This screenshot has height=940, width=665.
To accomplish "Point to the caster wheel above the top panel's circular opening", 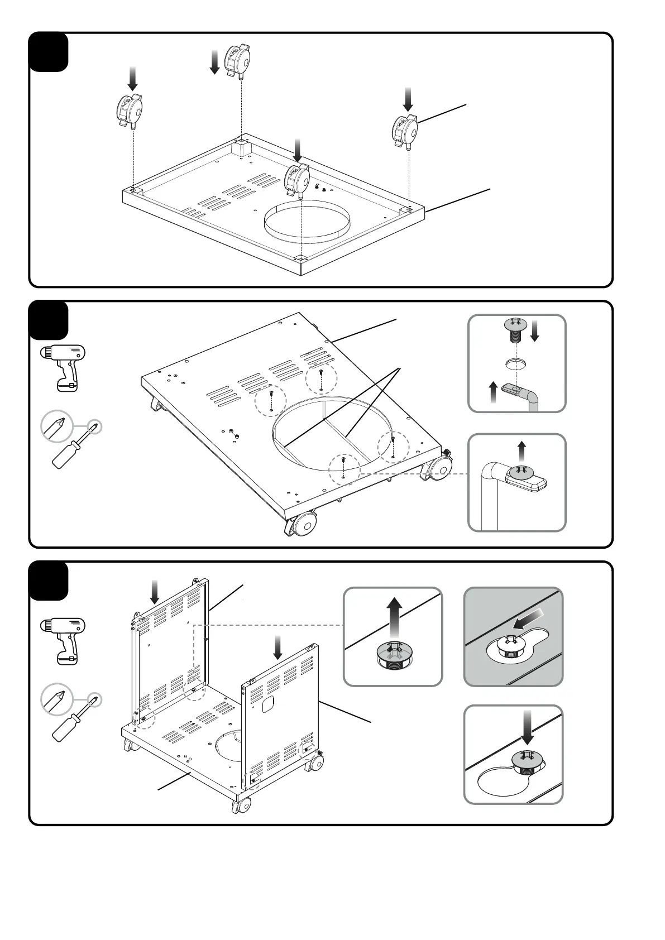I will pyautogui.click(x=298, y=180).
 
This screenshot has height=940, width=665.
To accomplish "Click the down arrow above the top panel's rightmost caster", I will pyautogui.click(x=409, y=99).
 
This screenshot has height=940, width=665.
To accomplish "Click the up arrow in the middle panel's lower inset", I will pyautogui.click(x=522, y=450).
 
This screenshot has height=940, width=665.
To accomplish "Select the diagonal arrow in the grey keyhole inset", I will pyautogui.click(x=528, y=619).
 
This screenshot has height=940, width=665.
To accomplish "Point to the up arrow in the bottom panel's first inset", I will pyautogui.click(x=394, y=617).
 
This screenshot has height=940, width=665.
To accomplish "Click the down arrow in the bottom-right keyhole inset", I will pyautogui.click(x=526, y=728).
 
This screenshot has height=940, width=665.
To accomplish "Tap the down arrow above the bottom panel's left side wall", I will pyautogui.click(x=155, y=591).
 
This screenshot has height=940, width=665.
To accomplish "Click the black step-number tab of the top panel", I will pyautogui.click(x=49, y=52).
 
